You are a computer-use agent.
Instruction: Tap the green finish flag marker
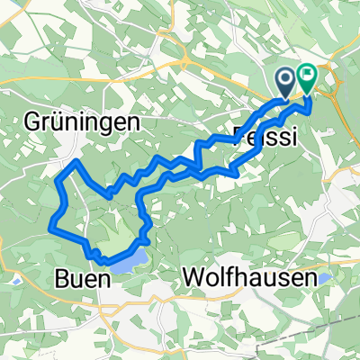click(x=307, y=80)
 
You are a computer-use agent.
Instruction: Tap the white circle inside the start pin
click(x=287, y=80)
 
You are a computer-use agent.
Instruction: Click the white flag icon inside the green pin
click(x=307, y=78)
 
